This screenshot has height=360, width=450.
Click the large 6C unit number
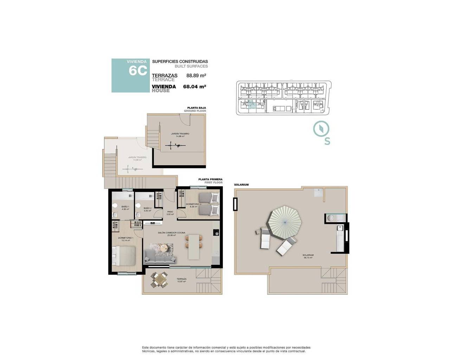click(138, 71)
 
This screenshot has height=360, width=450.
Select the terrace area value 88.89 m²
click(196, 76)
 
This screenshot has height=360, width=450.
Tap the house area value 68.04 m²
click(194, 86)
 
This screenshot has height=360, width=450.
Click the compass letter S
click(327, 141)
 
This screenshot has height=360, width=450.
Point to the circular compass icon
click(321, 129)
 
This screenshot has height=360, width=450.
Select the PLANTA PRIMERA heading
click(210, 179)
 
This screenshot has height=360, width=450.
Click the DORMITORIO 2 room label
click(193, 204)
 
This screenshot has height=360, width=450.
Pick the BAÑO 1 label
click(126, 207)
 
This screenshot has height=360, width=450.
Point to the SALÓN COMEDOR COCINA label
click(171, 233)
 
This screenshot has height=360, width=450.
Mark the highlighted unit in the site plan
click(251, 105)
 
